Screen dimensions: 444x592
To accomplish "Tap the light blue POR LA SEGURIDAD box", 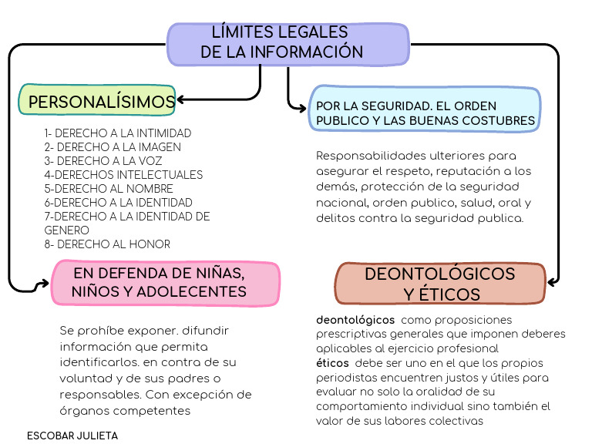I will point(424,113).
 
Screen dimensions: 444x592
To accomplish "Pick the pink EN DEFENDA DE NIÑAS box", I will point(166,282).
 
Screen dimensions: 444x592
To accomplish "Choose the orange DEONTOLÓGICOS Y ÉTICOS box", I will point(440,284).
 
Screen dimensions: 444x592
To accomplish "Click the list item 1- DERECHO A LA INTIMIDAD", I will point(117,133).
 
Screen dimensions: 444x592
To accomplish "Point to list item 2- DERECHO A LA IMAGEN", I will point(113,147).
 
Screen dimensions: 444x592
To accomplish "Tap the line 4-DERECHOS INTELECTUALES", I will point(123,175).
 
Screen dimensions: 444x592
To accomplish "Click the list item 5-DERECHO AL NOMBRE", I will point(109,189).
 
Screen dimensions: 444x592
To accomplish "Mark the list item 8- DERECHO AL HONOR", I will point(107,244).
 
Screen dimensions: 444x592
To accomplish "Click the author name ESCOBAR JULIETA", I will point(72,436).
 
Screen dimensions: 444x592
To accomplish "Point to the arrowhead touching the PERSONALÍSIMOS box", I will point(183,99).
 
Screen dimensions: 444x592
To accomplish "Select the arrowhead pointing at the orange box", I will point(552,282).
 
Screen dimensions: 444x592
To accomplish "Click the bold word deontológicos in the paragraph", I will point(355,319).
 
